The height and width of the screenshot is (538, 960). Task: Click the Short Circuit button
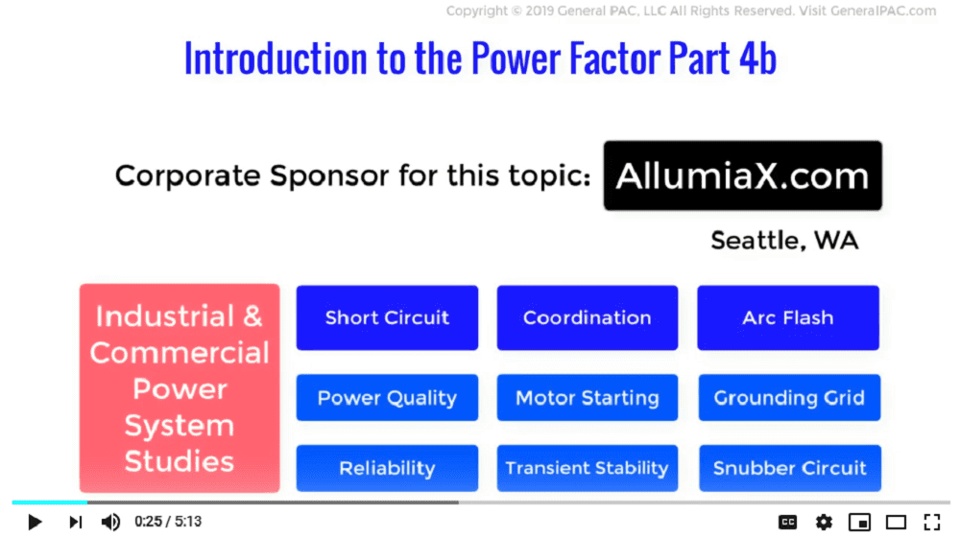click(x=387, y=317)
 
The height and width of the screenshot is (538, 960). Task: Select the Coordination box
click(x=588, y=317)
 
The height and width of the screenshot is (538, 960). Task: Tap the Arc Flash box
click(x=788, y=317)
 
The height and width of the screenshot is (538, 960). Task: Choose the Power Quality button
click(x=387, y=397)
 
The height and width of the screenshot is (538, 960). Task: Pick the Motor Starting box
click(x=588, y=397)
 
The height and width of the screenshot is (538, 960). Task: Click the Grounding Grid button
click(x=789, y=397)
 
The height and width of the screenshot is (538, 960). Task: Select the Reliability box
click(x=387, y=468)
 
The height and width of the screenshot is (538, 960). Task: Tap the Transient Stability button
click(x=588, y=468)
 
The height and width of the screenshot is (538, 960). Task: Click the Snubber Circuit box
click(x=790, y=468)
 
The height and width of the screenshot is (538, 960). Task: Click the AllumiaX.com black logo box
click(x=743, y=175)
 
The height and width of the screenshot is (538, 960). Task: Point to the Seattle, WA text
click(x=784, y=241)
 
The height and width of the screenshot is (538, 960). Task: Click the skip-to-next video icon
click(x=75, y=522)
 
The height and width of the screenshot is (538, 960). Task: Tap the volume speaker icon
click(x=110, y=522)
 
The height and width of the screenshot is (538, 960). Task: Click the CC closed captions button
click(x=787, y=522)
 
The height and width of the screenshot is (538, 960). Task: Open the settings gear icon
click(x=824, y=522)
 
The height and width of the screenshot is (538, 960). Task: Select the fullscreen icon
click(x=932, y=522)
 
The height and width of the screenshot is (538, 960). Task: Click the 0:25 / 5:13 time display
click(x=168, y=522)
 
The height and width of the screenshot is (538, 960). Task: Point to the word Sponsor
click(x=329, y=176)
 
